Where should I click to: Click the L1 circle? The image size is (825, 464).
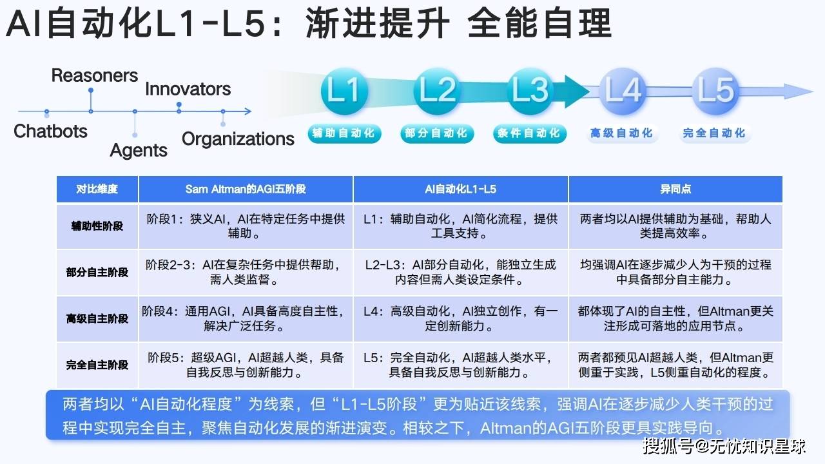[x=344, y=91]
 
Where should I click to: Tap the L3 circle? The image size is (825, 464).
[x=530, y=91]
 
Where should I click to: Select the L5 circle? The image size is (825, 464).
[x=715, y=91]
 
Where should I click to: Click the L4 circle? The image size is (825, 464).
[x=623, y=91]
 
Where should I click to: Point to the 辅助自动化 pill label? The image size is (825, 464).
[x=344, y=133]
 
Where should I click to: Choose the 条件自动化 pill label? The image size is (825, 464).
[x=530, y=133]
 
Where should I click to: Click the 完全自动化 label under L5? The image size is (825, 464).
[x=715, y=133]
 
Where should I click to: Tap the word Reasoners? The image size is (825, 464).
[x=95, y=75]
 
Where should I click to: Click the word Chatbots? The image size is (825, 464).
[x=50, y=131]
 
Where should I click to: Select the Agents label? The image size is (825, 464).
[x=139, y=150]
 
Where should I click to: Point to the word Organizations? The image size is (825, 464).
[x=238, y=139]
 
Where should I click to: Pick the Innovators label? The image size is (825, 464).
[x=188, y=89]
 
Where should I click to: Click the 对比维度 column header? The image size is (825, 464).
[x=97, y=189]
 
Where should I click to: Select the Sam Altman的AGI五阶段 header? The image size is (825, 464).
[x=246, y=189]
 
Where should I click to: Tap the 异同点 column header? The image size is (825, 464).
[x=675, y=189]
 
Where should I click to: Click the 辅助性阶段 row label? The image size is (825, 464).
[x=97, y=226]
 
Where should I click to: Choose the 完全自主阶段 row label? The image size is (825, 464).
[x=97, y=365]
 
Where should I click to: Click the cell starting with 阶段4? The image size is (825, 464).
[x=244, y=318]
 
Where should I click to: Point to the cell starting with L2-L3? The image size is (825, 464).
[x=460, y=272]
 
